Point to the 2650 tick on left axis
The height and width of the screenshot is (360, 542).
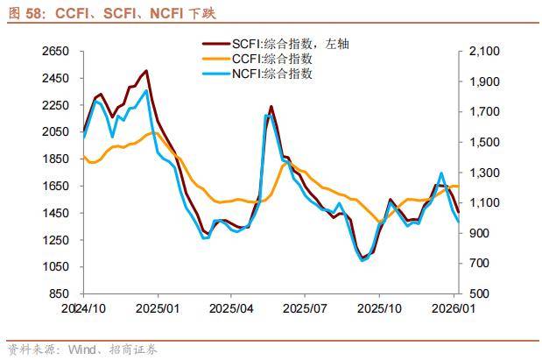(x=55, y=52)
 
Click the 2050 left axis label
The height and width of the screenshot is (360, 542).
(x=55, y=131)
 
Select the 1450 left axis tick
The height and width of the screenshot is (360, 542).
(x=55, y=213)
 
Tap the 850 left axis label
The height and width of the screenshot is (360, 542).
(x=58, y=293)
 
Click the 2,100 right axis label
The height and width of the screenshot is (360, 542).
(x=484, y=52)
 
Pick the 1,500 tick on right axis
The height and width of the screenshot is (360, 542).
(x=484, y=142)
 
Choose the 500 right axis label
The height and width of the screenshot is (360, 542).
(x=481, y=293)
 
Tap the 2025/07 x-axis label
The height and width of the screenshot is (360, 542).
(x=306, y=309)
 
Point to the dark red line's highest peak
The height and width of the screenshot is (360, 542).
(x=145, y=71)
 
